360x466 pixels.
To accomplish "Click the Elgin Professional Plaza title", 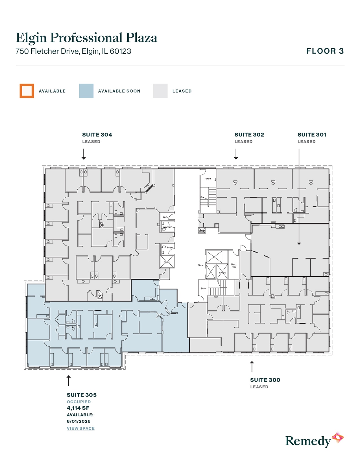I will [86, 38].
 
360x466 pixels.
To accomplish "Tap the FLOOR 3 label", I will [325, 51].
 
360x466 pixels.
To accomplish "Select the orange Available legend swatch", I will [27, 91].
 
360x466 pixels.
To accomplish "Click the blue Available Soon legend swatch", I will [86, 91].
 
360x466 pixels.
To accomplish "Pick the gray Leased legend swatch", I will [160, 91].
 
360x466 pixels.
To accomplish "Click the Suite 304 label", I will [97, 135].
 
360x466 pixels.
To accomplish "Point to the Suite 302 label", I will [249, 135].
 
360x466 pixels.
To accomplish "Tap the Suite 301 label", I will [312, 135].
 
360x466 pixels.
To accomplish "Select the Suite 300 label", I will [265, 380].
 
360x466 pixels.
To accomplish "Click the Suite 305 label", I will [82, 395].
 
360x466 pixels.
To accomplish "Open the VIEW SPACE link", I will [81, 428].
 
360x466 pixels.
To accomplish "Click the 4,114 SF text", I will [78, 408].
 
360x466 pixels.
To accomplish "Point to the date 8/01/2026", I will [78, 421].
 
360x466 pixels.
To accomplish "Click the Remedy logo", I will [314, 440].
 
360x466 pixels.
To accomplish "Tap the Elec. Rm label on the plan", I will [234, 265].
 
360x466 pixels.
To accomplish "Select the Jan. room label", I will [165, 217].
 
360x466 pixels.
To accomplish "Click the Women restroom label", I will [167, 227].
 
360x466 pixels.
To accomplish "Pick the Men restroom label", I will [170, 247].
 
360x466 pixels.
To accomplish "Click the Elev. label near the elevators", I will [200, 265].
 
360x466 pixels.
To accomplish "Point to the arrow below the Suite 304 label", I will [84, 154].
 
